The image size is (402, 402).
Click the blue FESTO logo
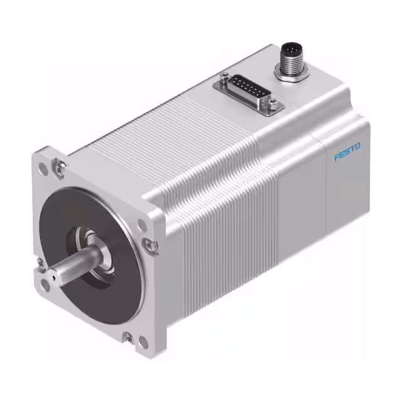point(347,152)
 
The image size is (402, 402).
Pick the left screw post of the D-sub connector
point(224,79)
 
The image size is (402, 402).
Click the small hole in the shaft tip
point(53,274)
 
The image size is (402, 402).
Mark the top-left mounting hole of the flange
point(43,168)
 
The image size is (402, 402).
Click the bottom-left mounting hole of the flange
point(45,285)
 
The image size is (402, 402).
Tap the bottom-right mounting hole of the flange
point(143,342)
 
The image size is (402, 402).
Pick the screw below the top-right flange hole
point(150,245)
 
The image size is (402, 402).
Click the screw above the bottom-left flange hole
point(40,263)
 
